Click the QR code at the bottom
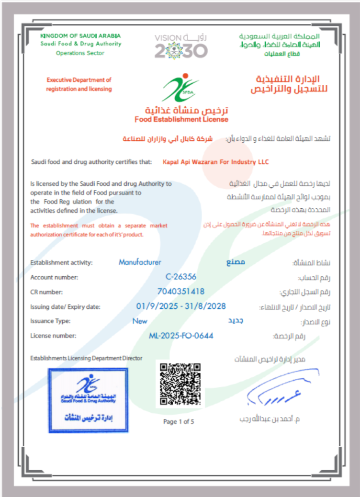tap(180, 384)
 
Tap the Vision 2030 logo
tap(181, 46)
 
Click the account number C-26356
tap(181, 277)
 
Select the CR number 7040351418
tap(180, 291)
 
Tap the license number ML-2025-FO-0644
tap(181, 336)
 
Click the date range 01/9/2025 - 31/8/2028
tap(180, 306)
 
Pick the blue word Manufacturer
tap(140, 262)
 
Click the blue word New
tap(140, 321)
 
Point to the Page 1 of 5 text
tap(179, 422)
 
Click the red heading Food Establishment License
tap(181, 119)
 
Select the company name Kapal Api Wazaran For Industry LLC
tap(215, 162)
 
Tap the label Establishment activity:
tap(61, 262)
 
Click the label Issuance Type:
tap(50, 321)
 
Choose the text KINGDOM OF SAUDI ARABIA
tap(80, 36)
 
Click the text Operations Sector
tap(80, 53)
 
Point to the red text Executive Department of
tap(79, 80)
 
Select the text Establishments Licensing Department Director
tap(86, 358)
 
